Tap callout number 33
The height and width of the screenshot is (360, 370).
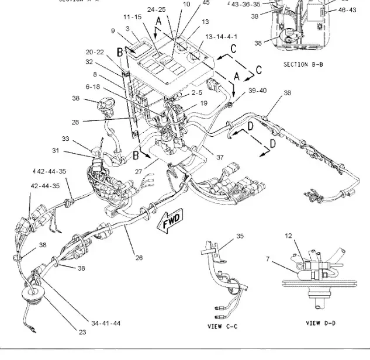(65, 139)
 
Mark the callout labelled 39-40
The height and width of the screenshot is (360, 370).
(258, 91)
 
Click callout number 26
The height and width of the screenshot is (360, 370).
(139, 257)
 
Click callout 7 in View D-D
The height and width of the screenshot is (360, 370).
(268, 258)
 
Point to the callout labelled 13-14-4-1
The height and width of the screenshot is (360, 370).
(205, 36)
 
